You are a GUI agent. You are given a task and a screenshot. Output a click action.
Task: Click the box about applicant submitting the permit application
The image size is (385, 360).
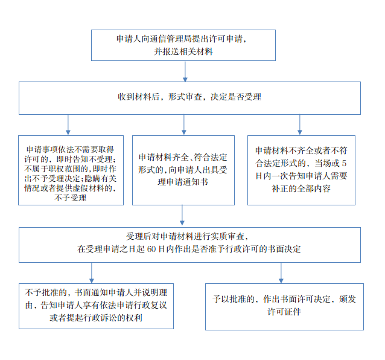coord(183,45)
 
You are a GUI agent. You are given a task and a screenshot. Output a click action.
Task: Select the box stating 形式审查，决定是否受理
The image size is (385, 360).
coord(189,98)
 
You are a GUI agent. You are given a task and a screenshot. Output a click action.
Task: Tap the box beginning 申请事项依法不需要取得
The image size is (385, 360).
coord(71,170)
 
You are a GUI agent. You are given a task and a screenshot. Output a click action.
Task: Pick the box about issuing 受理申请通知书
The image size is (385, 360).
coord(183,170)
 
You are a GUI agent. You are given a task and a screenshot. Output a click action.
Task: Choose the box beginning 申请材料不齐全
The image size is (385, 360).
coord(301,170)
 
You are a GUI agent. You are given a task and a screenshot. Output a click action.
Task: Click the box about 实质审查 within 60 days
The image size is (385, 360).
coord(189,245)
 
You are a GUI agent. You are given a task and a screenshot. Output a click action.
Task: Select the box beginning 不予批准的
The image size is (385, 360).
coord(96,306)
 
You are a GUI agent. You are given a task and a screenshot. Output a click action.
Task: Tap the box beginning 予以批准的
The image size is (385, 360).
coord(284,307)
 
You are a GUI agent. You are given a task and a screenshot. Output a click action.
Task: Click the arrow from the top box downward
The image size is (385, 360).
coord(185,71)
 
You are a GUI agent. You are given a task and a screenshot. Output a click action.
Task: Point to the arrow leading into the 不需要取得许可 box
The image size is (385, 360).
coord(68,125)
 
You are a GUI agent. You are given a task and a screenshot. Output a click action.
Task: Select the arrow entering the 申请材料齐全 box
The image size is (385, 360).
coord(183,125)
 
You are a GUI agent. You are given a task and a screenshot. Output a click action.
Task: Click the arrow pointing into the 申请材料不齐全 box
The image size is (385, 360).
coord(299,125)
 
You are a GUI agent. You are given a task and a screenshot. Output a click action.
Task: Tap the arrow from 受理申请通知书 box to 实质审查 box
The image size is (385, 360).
coord(182,215)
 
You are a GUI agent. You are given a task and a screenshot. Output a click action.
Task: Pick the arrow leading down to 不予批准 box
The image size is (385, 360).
coord(92,273)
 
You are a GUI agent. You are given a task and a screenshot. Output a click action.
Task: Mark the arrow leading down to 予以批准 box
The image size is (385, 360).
coord(281,273)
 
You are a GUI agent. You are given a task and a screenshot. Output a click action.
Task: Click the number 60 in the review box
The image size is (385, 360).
coord(151,249)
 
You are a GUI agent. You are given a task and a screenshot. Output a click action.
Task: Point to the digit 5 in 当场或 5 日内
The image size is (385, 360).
coord(344,163)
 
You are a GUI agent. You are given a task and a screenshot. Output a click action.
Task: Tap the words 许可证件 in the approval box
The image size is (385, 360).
coord(284,312)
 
